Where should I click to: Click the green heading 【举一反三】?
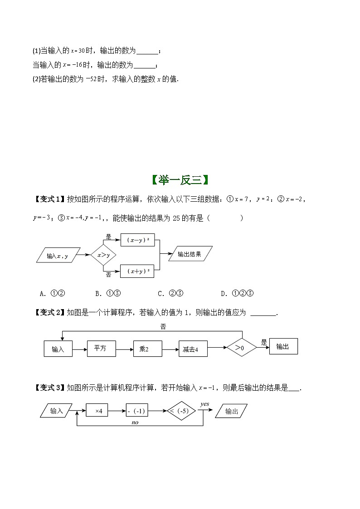[180, 180]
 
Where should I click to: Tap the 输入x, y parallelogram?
[58, 256]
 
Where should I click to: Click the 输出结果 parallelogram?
[190, 254]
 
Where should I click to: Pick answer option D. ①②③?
[237, 293]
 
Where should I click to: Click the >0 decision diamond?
[242, 348]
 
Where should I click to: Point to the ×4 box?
[99, 411]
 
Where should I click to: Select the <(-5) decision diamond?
[182, 411]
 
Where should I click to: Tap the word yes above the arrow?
[204, 403]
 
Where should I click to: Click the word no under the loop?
[135, 422]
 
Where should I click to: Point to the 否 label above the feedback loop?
[163, 326]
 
